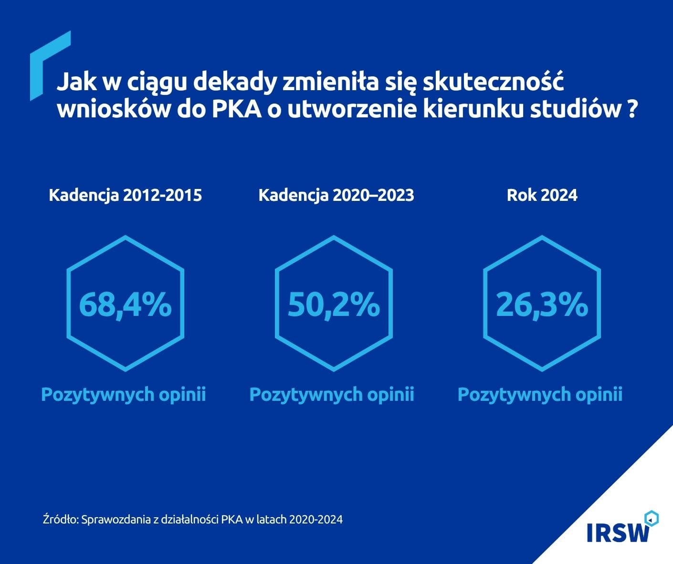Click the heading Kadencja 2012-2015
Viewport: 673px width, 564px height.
(x=125, y=195)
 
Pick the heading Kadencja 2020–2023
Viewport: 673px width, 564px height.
(x=336, y=195)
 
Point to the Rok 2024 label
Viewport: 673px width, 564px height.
(x=542, y=195)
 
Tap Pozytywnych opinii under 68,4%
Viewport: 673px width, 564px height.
(x=124, y=395)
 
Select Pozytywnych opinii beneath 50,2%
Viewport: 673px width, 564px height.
(x=332, y=395)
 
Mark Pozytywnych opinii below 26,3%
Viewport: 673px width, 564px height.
(x=540, y=395)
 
